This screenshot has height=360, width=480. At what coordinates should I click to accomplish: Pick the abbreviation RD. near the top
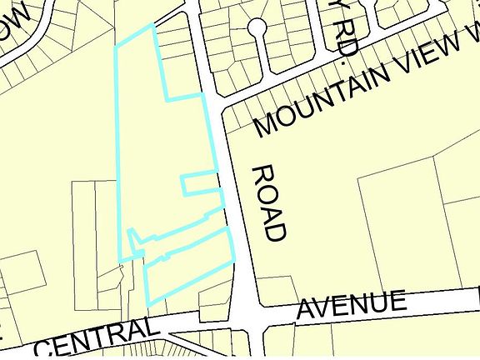342,38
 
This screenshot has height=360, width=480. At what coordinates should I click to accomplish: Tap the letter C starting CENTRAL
49,347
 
